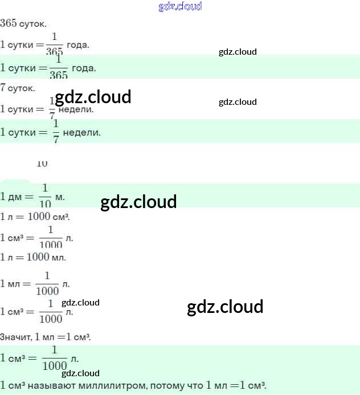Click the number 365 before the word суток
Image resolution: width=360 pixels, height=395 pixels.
click(9, 23)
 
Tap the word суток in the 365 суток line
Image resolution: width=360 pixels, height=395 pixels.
click(33, 25)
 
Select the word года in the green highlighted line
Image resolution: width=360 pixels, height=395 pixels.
click(84, 68)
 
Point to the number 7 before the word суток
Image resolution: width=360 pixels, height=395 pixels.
click(3, 88)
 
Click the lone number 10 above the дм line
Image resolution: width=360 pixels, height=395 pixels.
click(42, 164)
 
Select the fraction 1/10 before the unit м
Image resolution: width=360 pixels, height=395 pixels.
click(46, 196)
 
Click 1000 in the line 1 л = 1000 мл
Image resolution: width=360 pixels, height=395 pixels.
click(38, 257)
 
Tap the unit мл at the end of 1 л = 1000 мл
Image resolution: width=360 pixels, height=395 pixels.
click(59, 258)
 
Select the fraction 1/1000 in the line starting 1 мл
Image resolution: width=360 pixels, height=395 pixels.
click(47, 283)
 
